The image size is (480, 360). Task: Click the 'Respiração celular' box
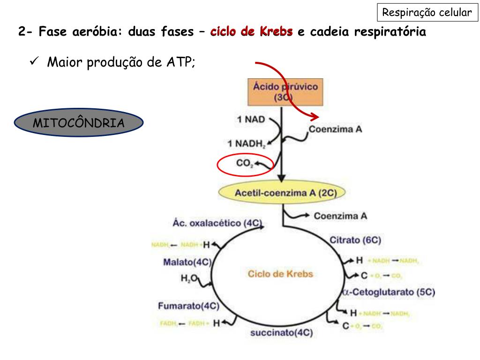[427, 13]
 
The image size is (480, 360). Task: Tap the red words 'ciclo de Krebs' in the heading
[252, 32]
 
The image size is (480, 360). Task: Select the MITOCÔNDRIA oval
[79, 123]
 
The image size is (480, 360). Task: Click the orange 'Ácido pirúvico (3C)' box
[285, 92]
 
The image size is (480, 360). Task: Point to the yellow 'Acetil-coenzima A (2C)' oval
[282, 192]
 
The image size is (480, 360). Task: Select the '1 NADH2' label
[247, 143]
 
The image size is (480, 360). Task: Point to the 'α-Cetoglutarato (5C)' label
[389, 292]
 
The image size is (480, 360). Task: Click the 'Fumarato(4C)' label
[188, 307]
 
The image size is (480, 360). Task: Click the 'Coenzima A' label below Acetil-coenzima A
[340, 216]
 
